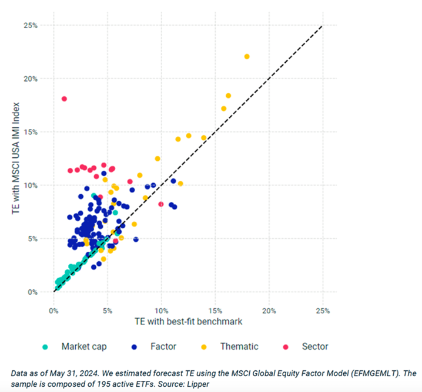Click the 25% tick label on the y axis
tap(31, 25)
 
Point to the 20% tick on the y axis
tap(31, 79)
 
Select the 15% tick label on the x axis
tap(215, 310)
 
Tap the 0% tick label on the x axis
tap(53, 310)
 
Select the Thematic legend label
tap(239, 346)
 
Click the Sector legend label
tap(315, 346)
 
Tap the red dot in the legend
tap(286, 346)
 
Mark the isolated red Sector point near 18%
tap(64, 99)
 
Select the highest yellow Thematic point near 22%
tap(247, 56)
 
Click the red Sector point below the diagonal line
tap(161, 204)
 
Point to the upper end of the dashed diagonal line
tap(322, 26)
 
